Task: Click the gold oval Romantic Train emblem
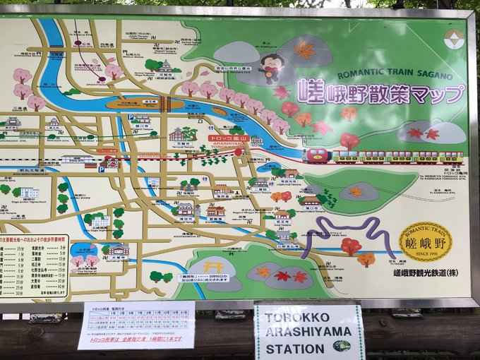click(425, 242)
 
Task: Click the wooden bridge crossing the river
click(166, 104)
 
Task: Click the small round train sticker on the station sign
click(342, 346)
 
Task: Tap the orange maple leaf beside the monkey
click(306, 50)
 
